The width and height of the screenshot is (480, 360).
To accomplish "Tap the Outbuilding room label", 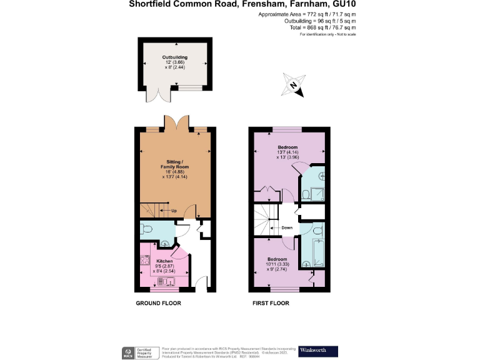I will point(174,61).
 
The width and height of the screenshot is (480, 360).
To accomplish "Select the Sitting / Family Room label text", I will point(174,168).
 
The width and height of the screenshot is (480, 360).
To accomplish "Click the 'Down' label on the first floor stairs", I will point(286,227).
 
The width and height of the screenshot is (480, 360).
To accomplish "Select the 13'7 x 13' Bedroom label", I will point(287,152).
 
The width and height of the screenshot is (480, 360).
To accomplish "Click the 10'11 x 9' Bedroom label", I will point(277,262).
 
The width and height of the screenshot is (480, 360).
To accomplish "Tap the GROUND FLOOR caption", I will point(159,303).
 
